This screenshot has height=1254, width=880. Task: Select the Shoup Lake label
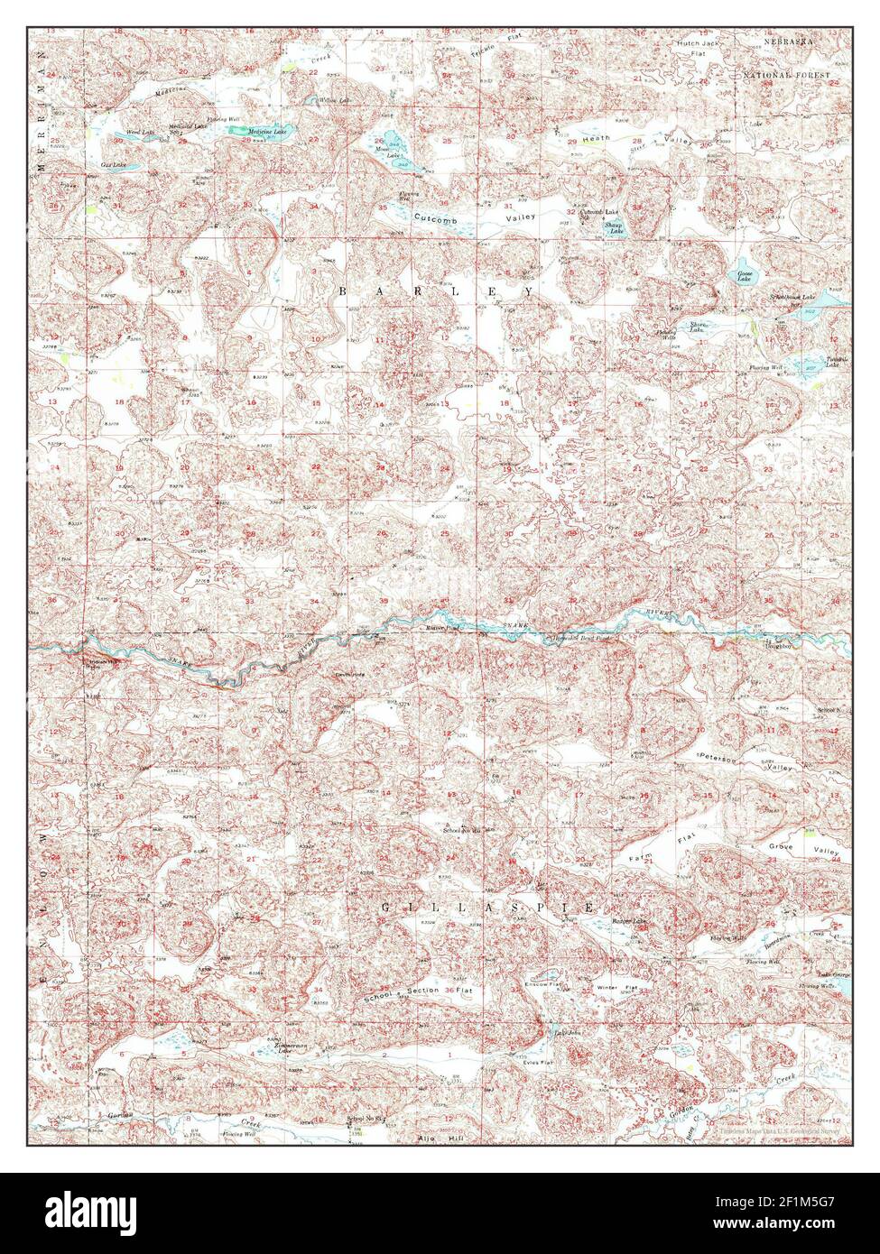[615, 228]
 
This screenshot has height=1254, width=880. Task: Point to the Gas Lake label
[114, 166]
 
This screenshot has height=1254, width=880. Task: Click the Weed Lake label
[141, 133]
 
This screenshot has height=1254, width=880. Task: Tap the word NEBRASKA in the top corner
[790, 42]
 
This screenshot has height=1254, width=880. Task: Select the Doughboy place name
[778, 646]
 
